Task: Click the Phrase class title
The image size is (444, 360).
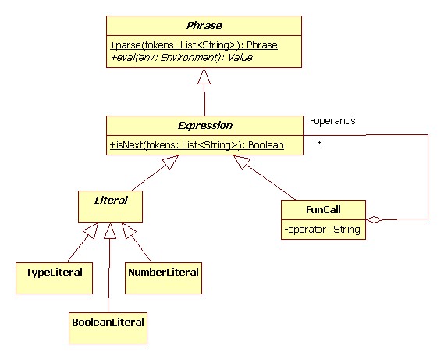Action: pyautogui.click(x=204, y=26)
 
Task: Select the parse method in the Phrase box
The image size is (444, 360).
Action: pyautogui.click(x=194, y=45)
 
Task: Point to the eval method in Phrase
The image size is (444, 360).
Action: pyautogui.click(x=182, y=58)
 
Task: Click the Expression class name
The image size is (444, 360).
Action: pyautogui.click(x=205, y=126)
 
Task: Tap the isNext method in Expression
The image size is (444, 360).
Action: pyautogui.click(x=197, y=145)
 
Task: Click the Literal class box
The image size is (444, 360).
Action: pyautogui.click(x=111, y=206)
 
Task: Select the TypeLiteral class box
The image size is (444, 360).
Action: pyautogui.click(x=54, y=278)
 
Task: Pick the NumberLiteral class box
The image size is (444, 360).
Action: pyautogui.click(x=163, y=278)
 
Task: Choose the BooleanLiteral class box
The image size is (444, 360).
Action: pyautogui.click(x=108, y=328)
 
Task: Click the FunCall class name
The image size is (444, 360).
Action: pyautogui.click(x=323, y=210)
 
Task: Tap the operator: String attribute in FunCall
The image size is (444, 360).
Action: pyautogui.click(x=322, y=230)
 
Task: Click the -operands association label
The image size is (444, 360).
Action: pyautogui.click(x=332, y=121)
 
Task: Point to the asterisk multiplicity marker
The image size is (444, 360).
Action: pyautogui.click(x=320, y=143)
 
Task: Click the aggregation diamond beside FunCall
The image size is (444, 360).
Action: pyautogui.click(x=374, y=219)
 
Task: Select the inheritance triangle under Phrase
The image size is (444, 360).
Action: pyautogui.click(x=204, y=76)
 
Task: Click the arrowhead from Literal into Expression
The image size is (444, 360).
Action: pyautogui.click(x=170, y=162)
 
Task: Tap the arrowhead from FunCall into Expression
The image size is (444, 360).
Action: pyautogui.click(x=242, y=162)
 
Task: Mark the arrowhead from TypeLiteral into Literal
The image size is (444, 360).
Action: pyautogui.click(x=91, y=230)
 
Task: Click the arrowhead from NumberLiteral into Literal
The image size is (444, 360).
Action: pyautogui.click(x=129, y=230)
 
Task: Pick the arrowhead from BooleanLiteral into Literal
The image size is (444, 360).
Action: pyautogui.click(x=110, y=230)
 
